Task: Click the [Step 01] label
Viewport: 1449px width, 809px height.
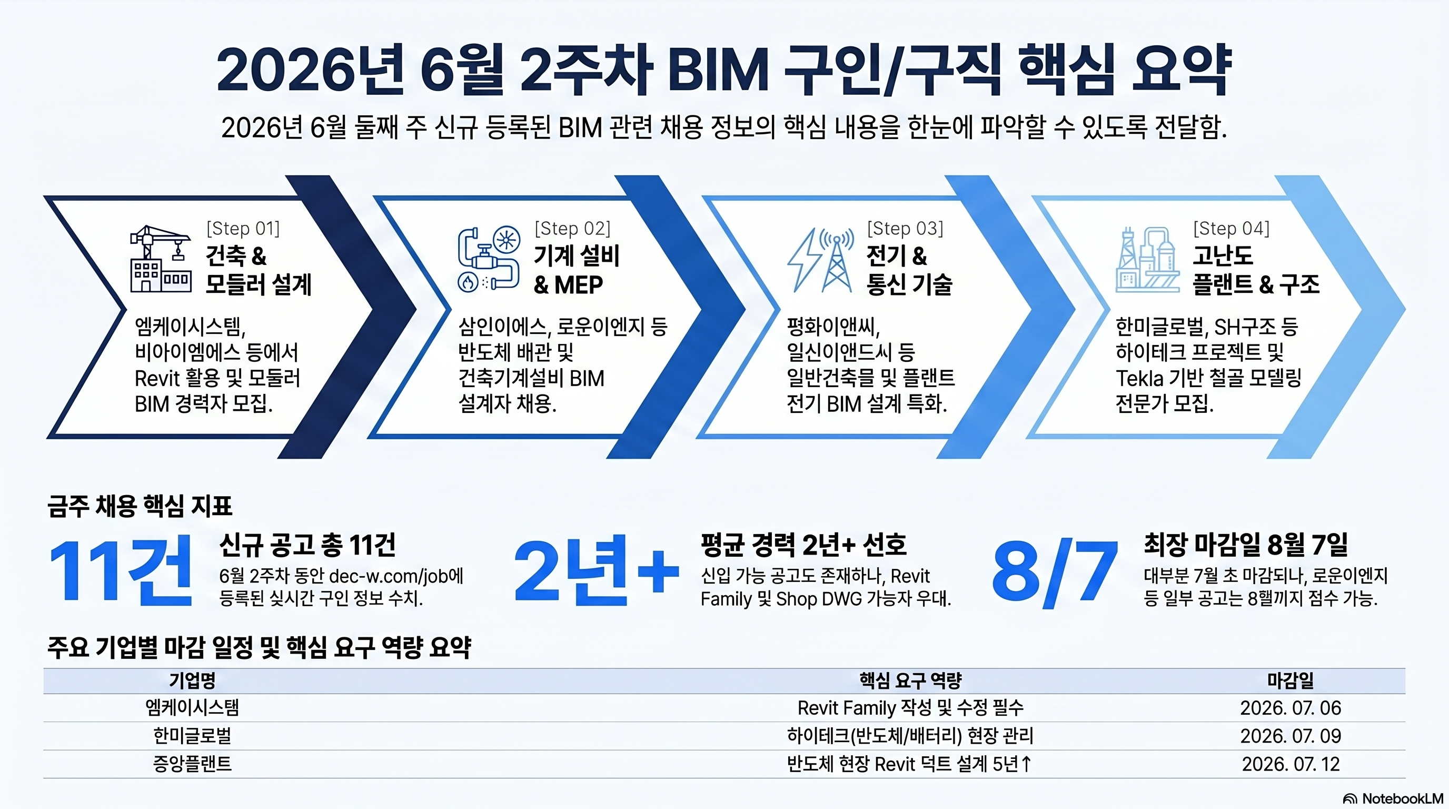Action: click(x=243, y=229)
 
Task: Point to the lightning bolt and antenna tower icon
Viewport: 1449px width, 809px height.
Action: click(x=820, y=260)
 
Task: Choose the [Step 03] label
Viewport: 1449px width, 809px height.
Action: click(x=905, y=229)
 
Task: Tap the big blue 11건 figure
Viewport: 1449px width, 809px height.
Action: click(x=121, y=570)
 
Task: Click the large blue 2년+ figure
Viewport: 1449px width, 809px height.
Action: click(x=596, y=570)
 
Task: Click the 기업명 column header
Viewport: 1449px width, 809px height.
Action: click(x=192, y=680)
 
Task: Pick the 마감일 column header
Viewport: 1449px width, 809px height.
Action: click(x=1291, y=680)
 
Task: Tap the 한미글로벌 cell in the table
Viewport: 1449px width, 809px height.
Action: click(x=192, y=736)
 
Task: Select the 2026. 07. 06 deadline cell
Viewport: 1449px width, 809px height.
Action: click(x=1291, y=708)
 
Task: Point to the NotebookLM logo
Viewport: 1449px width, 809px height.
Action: click(x=1393, y=798)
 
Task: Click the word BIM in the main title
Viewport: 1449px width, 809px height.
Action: click(x=718, y=71)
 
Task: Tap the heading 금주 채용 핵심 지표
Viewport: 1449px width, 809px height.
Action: click(x=140, y=506)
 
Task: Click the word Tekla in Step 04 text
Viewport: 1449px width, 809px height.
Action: click(x=1139, y=379)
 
